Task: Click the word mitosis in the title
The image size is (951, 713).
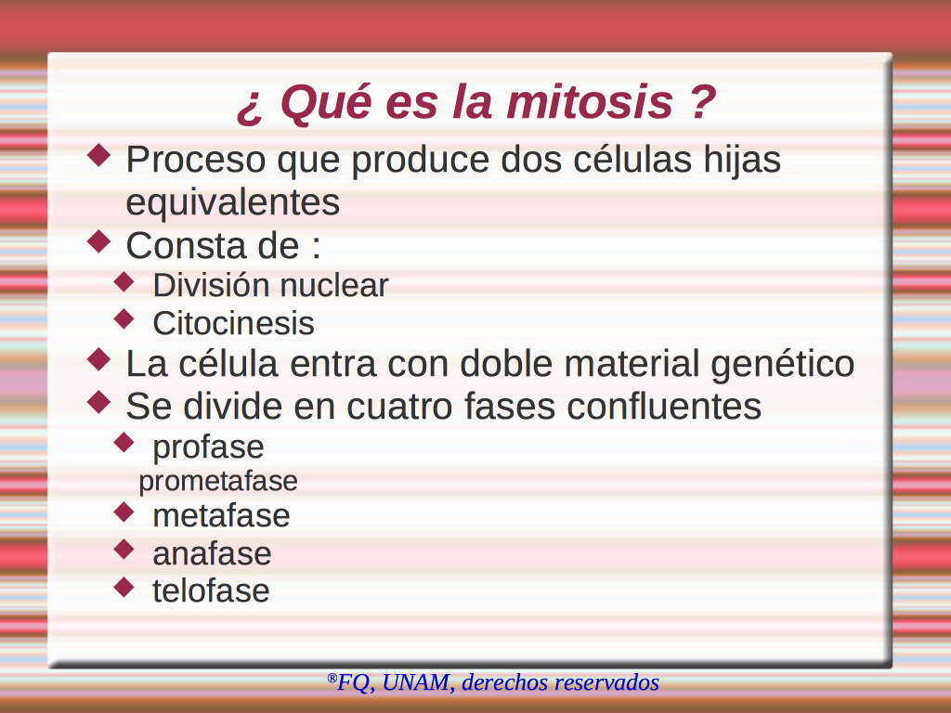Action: point(590,102)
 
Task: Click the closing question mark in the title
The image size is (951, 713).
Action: point(703,101)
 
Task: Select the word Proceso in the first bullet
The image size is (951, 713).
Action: point(196,160)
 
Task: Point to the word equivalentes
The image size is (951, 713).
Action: point(233,202)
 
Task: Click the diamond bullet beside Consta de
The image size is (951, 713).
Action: point(98,241)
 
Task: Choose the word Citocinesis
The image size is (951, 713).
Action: point(233,323)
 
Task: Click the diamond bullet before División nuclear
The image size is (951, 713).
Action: point(124,281)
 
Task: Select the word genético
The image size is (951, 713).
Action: point(782,364)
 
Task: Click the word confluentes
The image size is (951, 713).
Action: point(664,406)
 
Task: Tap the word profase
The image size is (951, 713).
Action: point(208,448)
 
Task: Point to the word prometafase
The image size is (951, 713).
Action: point(218,482)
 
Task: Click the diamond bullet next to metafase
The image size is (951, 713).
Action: point(124,512)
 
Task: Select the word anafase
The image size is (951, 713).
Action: point(212,553)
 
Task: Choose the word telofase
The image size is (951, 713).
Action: point(211,590)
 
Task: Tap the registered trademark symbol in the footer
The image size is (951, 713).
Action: point(332,678)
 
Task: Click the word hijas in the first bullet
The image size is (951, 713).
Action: point(742,161)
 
